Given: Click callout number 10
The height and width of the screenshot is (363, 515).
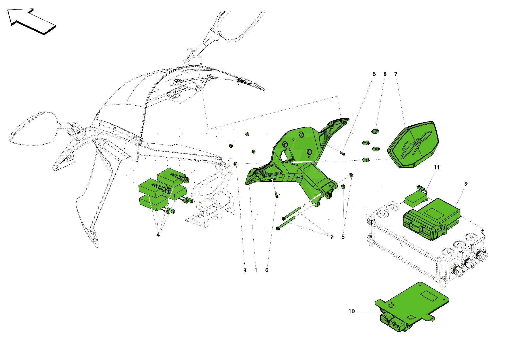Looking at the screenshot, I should click(x=351, y=312).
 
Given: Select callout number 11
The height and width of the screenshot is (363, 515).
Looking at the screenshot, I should click(x=437, y=168).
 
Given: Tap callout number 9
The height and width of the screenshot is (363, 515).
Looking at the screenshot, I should click(x=466, y=184).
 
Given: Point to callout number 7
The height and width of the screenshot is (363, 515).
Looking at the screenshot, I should click(x=396, y=74).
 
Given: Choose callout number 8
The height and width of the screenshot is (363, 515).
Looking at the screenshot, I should click(x=385, y=74).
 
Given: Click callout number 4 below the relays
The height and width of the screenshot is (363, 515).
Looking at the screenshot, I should click(x=158, y=235).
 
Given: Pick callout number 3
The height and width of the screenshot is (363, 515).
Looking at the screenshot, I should click(x=245, y=270).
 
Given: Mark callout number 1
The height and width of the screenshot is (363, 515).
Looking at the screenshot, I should click(x=256, y=270).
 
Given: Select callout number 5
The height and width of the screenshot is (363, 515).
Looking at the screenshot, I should click(x=343, y=237).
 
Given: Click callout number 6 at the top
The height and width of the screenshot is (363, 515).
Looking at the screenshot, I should click(x=374, y=74).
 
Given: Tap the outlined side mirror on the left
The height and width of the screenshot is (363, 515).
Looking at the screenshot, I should click(x=33, y=129).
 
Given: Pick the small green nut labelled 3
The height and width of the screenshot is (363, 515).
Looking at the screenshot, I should click(x=235, y=164).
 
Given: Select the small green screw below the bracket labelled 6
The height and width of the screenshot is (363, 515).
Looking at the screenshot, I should click(x=277, y=196).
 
